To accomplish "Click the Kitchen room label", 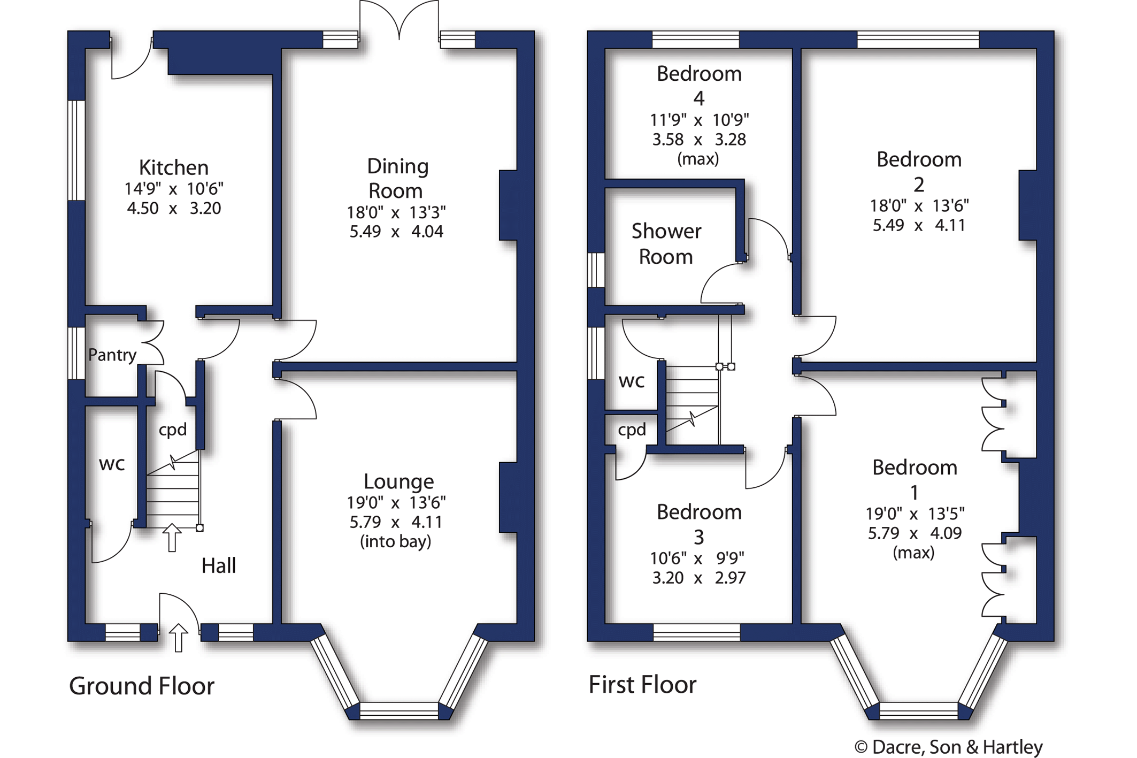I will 173,167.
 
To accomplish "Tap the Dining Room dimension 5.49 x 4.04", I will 396,232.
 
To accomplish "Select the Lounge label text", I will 398,481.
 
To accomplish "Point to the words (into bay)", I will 395,541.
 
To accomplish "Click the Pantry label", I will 112,355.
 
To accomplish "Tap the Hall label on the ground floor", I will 218,565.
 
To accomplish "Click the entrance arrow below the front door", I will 178,638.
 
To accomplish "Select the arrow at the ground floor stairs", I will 172,537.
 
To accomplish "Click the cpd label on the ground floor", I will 173,430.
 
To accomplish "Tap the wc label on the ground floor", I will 112,464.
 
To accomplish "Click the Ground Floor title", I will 142,686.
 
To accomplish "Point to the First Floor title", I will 642,685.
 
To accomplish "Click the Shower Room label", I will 666,244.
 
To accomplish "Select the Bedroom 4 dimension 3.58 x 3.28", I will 698,140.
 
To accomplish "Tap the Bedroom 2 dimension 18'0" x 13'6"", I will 919,205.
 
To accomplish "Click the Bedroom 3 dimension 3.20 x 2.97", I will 698,578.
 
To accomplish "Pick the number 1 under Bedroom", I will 914,492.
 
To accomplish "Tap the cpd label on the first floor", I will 632,430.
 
